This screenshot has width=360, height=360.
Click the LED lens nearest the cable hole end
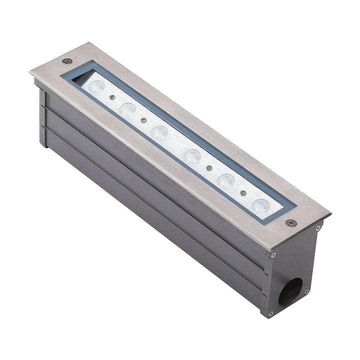[260, 205]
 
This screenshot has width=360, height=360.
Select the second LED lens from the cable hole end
[226, 180]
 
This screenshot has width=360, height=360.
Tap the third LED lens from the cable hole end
[192, 156]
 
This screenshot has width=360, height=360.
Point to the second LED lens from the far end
[127, 108]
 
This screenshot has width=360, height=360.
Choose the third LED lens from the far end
[159, 132]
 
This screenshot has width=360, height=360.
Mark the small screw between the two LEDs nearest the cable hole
[243, 192]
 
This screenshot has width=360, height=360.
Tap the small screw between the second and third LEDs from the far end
[144, 119]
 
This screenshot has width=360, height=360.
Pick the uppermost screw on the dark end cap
[318, 228]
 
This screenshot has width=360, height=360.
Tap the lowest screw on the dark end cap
[270, 313]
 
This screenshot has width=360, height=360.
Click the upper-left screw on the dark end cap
[273, 255]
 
